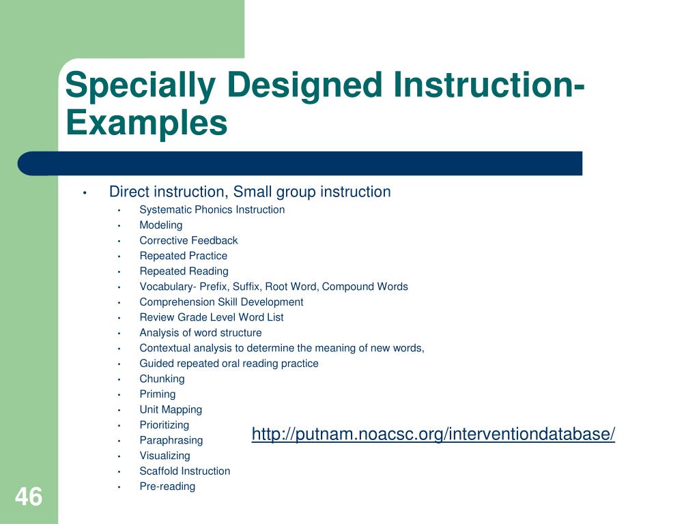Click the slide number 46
point(29,497)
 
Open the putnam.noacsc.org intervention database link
point(433,434)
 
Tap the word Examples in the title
point(147,123)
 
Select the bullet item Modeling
point(161,225)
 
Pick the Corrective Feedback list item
point(188,241)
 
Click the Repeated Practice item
point(183,256)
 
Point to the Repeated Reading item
point(184,272)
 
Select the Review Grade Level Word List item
point(212,317)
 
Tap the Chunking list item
point(162,379)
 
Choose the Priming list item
point(158,394)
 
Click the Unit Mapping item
point(171,410)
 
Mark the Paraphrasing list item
point(171,441)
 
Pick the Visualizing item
point(165,456)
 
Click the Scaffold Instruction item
point(184,471)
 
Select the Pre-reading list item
point(167,486)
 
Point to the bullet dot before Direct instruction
point(84,192)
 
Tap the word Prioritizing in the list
point(164,425)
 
